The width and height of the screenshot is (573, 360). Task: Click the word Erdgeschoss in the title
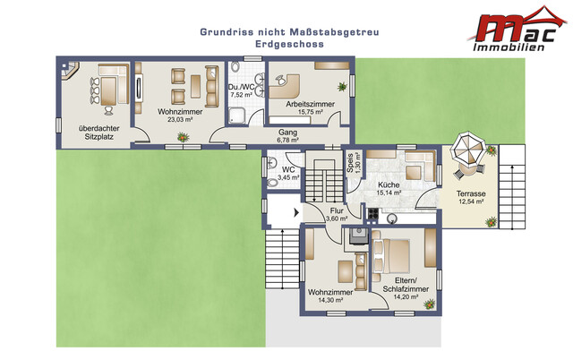coord(289,44)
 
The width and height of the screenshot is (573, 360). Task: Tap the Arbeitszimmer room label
coord(311,104)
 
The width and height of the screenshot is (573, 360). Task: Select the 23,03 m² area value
coord(180,119)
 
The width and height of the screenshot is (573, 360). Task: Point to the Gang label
coord(288,133)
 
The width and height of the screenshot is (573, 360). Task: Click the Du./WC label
coord(241,88)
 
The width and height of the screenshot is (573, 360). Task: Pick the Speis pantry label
coord(350,163)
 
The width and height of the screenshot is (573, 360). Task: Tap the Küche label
coord(389,185)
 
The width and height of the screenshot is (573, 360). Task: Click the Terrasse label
coord(471,193)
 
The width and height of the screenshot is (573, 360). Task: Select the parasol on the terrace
coord(467,148)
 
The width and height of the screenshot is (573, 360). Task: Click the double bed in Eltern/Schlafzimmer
coord(390,256)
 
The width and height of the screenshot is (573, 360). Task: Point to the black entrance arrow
coord(296,212)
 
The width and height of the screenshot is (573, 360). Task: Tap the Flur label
coord(337,210)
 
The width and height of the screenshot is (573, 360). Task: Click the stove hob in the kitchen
coord(373,213)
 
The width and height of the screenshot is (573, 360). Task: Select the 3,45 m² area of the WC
coord(288,178)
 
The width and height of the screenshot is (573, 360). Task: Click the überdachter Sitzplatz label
coord(99,133)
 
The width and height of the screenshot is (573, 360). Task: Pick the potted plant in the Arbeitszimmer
coord(342,87)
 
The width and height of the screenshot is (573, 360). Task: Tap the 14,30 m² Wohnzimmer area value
coord(330,300)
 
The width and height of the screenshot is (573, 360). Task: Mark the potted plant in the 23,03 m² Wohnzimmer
coord(183,137)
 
